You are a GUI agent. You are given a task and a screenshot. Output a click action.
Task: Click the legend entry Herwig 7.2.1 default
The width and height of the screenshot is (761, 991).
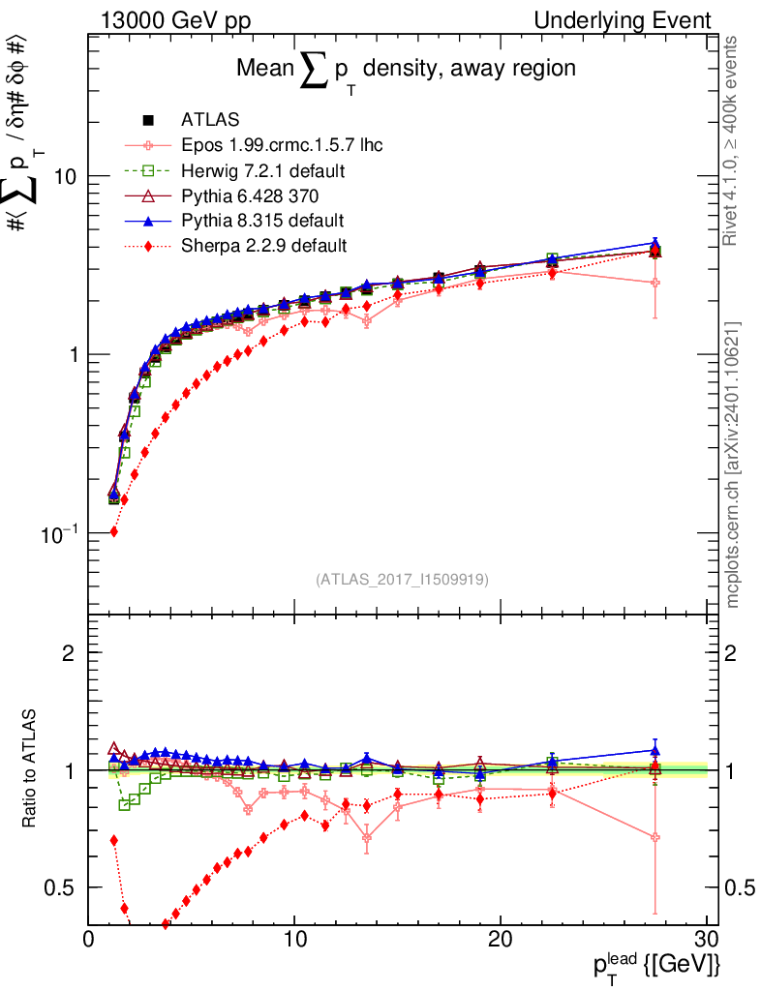pos(263,170)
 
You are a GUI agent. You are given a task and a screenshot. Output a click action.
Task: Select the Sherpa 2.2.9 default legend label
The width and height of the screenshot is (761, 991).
pos(263,245)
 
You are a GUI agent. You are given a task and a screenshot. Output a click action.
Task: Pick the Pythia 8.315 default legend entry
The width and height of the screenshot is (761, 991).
pos(261,220)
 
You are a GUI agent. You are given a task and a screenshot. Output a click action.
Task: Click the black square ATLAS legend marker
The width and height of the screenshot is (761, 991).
pos(148,121)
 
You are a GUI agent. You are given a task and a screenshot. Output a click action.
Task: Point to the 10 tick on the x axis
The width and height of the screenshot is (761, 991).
pos(294,939)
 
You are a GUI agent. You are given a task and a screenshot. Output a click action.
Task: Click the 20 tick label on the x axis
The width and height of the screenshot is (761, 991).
pos(501,939)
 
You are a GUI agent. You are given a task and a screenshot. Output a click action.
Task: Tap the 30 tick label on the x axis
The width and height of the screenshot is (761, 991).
pos(706,939)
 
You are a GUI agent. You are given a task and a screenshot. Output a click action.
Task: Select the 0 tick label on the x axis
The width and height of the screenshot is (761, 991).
pos(89,939)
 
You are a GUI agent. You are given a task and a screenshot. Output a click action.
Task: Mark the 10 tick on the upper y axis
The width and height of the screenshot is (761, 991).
pos(67,176)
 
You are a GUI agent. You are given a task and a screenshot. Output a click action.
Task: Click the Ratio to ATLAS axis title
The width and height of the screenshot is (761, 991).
pos(31,769)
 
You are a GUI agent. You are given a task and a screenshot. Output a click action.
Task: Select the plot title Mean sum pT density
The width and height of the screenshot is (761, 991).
pos(407,70)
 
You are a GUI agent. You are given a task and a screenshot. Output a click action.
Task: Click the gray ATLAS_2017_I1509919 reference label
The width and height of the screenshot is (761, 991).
pos(402,580)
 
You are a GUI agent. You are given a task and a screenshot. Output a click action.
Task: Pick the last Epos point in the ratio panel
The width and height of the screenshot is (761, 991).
pos(655,837)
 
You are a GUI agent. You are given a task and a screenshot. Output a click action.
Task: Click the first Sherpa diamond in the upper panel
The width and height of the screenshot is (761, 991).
pos(113,531)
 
